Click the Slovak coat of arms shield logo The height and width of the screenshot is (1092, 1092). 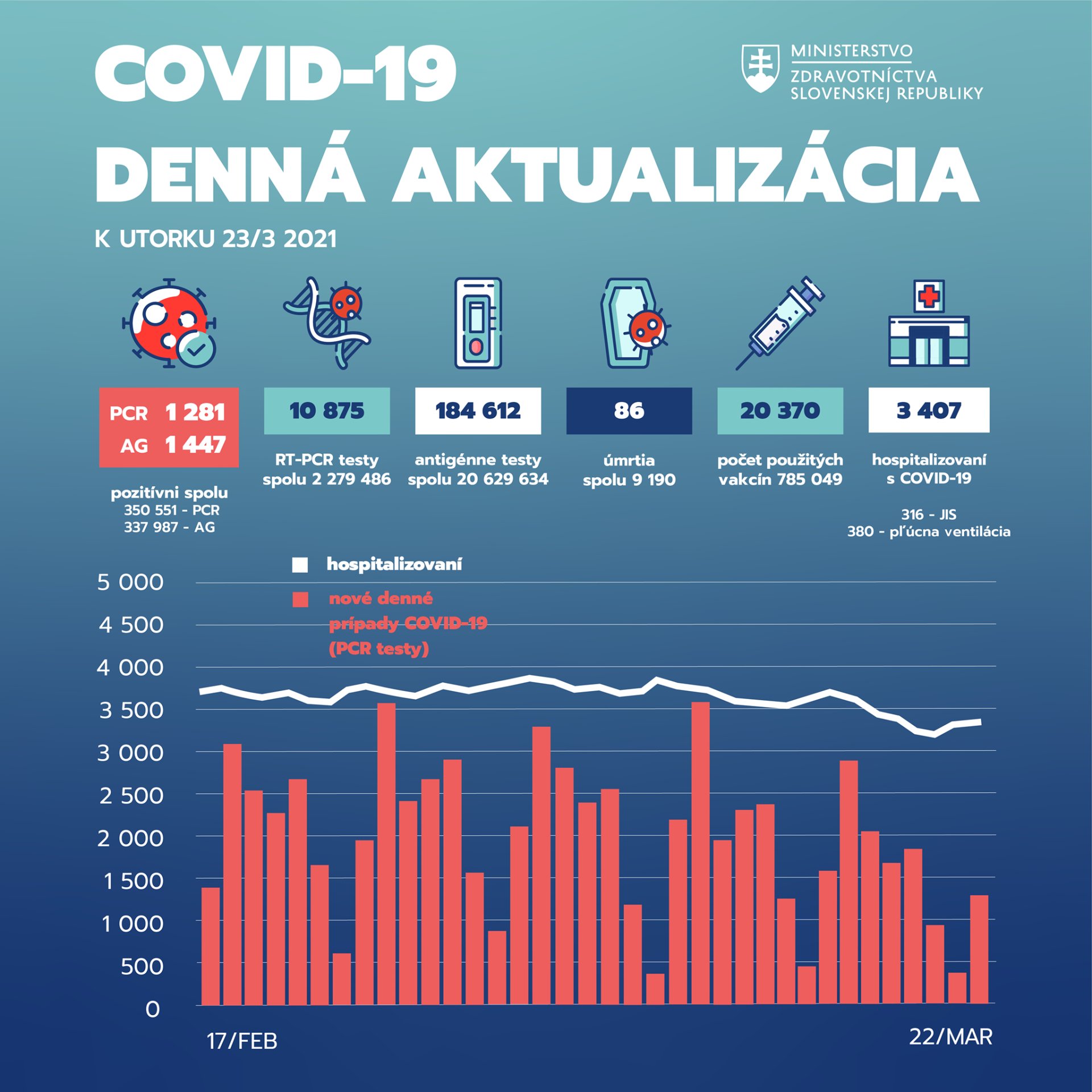coord(760,69)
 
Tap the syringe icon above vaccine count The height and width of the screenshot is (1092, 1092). coord(780,323)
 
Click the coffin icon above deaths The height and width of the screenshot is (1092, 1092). coord(630,323)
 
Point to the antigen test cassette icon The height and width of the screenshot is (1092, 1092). coord(478,323)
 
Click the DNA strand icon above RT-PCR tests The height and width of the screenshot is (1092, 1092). coord(326,323)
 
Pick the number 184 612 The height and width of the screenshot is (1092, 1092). coord(478,411)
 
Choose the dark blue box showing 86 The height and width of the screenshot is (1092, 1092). coord(629,411)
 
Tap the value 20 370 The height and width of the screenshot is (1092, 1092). coord(780,411)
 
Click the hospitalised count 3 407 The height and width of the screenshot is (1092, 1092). coord(929,411)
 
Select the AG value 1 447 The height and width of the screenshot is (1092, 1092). coord(195,445)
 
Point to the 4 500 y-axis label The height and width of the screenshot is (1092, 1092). coord(131,625)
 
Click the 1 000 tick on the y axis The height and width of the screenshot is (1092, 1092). coord(132,924)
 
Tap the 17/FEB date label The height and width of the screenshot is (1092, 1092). coord(242,1041)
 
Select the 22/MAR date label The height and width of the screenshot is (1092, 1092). coord(950,1037)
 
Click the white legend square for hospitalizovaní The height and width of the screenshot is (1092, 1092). coord(300,565)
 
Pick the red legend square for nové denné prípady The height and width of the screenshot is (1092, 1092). coord(300,599)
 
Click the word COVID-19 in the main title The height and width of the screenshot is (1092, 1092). coord(275,74)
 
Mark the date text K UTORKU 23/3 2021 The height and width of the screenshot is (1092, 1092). coord(216,239)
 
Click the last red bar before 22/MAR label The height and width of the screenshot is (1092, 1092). coord(979,949)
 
